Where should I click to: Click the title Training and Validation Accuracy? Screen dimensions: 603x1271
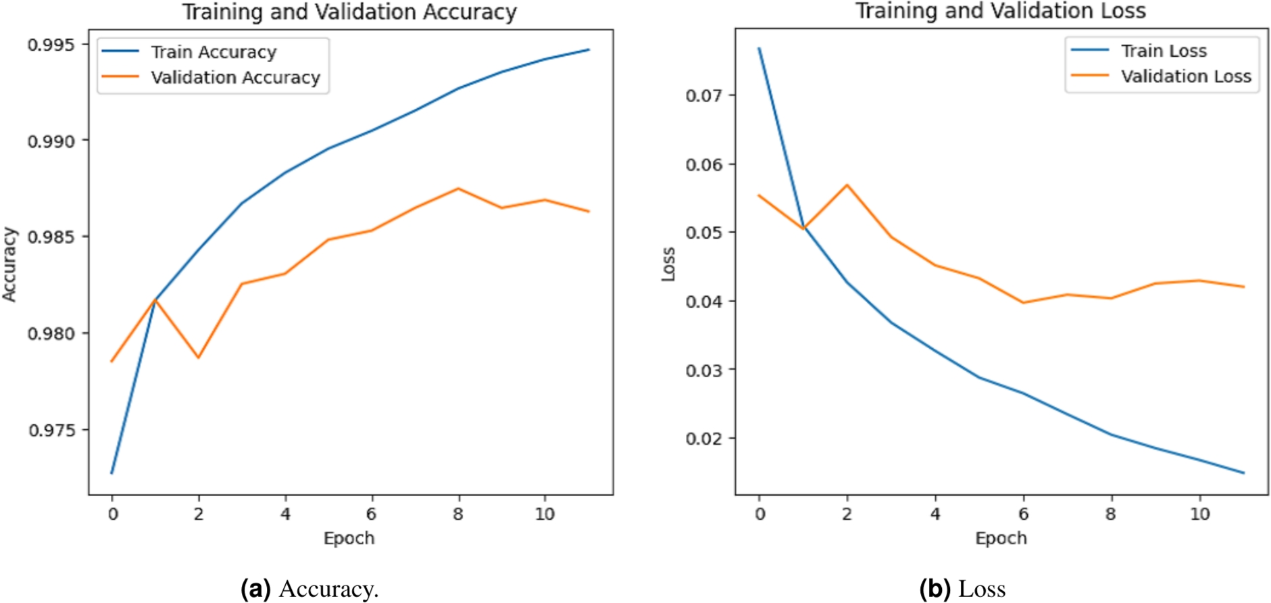(349, 12)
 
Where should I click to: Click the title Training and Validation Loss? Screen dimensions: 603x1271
(1001, 11)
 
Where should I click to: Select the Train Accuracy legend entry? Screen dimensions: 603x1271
(214, 52)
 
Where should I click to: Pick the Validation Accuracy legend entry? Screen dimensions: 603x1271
(235, 78)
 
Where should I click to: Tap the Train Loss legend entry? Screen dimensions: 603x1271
(1164, 51)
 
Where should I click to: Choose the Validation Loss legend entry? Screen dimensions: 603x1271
(1186, 76)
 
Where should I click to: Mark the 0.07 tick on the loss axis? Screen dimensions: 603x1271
(703, 95)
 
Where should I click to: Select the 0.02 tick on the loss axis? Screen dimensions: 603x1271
(703, 439)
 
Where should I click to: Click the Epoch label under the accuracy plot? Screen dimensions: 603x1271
(349, 539)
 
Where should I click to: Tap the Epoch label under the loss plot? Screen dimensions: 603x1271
(1001, 539)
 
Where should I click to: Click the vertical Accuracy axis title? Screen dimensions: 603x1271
(9, 264)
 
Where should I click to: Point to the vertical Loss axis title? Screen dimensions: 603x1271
(668, 264)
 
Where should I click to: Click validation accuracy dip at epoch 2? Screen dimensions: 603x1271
(199, 358)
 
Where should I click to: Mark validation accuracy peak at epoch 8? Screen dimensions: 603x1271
(459, 189)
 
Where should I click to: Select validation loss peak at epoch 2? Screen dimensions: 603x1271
(847, 185)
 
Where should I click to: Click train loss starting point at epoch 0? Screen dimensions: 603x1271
(759, 49)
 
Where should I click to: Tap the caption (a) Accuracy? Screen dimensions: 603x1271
(309, 589)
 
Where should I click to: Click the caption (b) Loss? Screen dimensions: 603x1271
(962, 589)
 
